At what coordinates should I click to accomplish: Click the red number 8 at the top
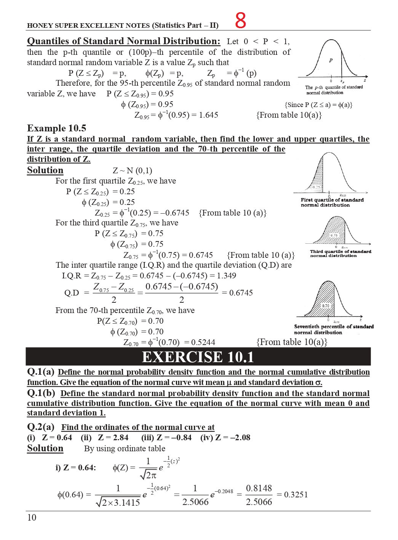[x=240, y=21]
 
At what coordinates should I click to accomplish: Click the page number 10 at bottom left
[x=32, y=517]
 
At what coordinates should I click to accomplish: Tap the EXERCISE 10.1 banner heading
[x=198, y=357]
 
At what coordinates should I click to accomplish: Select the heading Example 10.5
[x=56, y=128]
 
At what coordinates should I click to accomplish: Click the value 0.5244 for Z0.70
[x=203, y=342]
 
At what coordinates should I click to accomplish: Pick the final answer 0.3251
[x=292, y=495]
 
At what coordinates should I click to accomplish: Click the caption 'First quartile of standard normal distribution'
[x=332, y=202]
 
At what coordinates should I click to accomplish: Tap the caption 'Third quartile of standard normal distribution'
[x=340, y=253]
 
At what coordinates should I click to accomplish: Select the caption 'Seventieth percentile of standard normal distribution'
[x=334, y=329]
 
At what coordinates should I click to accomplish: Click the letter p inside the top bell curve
[x=331, y=60]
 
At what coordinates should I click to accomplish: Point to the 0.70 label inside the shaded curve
[x=326, y=306]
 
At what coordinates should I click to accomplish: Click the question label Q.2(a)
[x=41, y=427]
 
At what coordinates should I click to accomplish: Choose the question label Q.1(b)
[x=41, y=393]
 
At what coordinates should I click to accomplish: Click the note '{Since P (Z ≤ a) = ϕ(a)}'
[x=318, y=105]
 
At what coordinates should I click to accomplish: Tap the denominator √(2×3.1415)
[x=118, y=503]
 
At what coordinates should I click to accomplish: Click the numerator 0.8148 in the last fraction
[x=259, y=488]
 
